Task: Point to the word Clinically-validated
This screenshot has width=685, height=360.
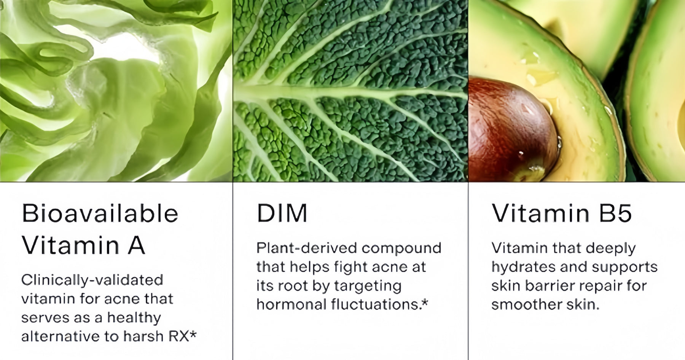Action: tap(92, 280)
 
